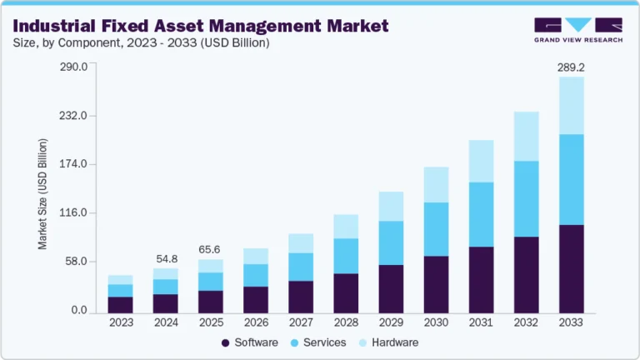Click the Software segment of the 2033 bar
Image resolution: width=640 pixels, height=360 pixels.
point(571,269)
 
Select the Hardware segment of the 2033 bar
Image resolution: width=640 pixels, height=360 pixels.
point(571,105)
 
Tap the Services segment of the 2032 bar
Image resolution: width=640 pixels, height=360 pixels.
point(526,198)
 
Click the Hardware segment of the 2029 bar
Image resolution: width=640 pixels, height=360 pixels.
point(391,206)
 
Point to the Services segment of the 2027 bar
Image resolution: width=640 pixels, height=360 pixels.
point(301,267)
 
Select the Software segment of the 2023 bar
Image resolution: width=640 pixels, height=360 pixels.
point(121,304)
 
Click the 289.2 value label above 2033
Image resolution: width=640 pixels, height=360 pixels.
point(571,67)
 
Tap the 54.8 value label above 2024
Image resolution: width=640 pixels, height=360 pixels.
point(166,259)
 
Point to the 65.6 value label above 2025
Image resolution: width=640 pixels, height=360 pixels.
point(211,249)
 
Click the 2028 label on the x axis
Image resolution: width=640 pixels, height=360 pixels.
point(346,322)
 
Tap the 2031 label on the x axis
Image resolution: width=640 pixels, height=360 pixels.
point(481,322)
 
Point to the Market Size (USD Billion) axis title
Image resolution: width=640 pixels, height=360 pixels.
point(42,193)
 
